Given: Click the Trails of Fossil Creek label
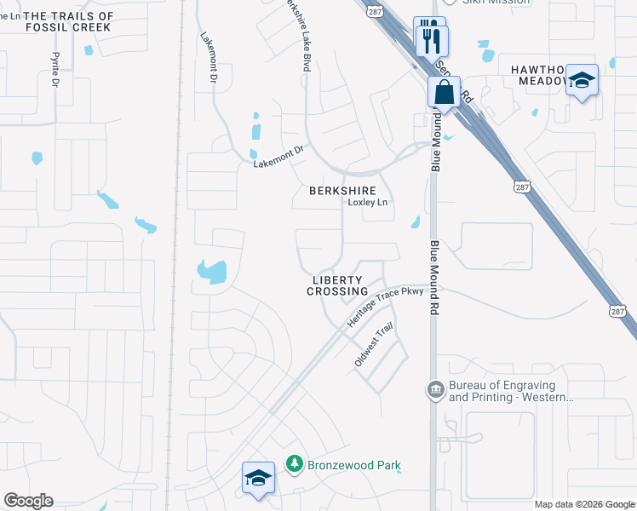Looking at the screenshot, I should pos(68,22).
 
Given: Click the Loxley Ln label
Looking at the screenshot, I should pos(368,203).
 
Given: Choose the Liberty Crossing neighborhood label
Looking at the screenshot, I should pos(338,285).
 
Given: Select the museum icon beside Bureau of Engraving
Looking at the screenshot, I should pos(436,390).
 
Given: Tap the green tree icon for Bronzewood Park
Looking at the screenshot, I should pos(295,464).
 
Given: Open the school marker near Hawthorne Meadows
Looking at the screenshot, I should pos(582,81).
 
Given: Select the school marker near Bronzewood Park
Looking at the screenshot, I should pos(258,477).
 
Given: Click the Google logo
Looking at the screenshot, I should pos(28,501).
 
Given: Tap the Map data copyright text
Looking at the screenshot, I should pos(583,504).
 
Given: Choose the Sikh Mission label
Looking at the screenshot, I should pos(496,3).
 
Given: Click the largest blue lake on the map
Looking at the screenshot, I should pos(212,272).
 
